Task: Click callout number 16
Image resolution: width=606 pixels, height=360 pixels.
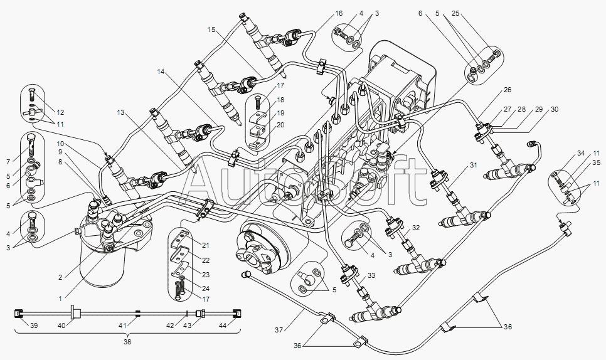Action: click(339, 14)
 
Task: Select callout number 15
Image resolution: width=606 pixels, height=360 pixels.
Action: click(211, 29)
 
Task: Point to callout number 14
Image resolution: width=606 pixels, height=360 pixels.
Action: click(161, 71)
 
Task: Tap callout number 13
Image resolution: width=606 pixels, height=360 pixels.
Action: click(121, 112)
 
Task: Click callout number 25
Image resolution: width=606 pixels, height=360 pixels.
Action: click(455, 14)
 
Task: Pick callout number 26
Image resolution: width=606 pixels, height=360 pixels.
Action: click(508, 90)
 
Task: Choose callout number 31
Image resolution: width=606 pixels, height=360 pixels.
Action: click(474, 165)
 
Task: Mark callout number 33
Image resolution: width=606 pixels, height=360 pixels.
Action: click(371, 275)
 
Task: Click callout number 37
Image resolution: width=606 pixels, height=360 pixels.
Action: click(279, 329)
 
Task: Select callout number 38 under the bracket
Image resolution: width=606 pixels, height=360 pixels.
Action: click(127, 342)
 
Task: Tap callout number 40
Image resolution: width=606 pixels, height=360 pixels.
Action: click(61, 326)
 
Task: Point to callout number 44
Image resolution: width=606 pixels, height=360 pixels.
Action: click(222, 326)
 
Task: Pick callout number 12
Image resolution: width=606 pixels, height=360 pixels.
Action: click(60, 112)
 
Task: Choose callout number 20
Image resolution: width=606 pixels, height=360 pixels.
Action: click(280, 125)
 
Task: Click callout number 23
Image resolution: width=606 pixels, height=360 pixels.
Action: click(206, 275)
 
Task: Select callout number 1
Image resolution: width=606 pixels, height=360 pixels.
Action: click(60, 299)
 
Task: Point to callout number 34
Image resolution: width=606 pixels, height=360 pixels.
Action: click(581, 154)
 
